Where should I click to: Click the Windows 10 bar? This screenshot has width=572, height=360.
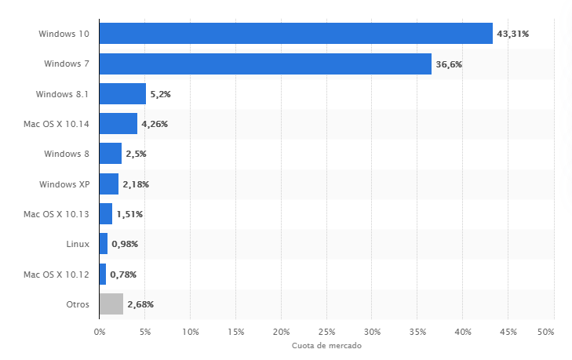coord(296,34)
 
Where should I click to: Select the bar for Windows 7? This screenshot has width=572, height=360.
coord(265,64)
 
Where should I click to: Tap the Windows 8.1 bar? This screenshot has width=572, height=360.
coord(122,94)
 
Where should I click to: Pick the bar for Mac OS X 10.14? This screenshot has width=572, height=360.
coord(118,124)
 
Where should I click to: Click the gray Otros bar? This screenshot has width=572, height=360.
coord(111,304)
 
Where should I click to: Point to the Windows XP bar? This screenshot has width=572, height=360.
coord(109,184)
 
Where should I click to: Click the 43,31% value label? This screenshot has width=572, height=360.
coord(513,34)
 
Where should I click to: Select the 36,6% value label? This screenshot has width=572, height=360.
coord(449,64)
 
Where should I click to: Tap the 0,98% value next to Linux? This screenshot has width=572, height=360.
coord(125,244)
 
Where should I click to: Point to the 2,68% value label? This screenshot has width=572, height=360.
coord(140,304)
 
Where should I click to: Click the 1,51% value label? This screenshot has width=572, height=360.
coord(129,214)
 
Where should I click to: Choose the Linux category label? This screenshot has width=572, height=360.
coord(78,244)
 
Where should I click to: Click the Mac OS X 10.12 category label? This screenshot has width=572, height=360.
coord(56,274)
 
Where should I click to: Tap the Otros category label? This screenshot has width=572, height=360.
coord(77,304)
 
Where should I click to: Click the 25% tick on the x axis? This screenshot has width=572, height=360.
coord(326,331)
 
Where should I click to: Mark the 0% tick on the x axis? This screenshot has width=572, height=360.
coord(100,331)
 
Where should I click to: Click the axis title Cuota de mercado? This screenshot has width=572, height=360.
coord(326,346)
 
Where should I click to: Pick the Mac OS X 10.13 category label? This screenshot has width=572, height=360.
coord(56,214)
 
